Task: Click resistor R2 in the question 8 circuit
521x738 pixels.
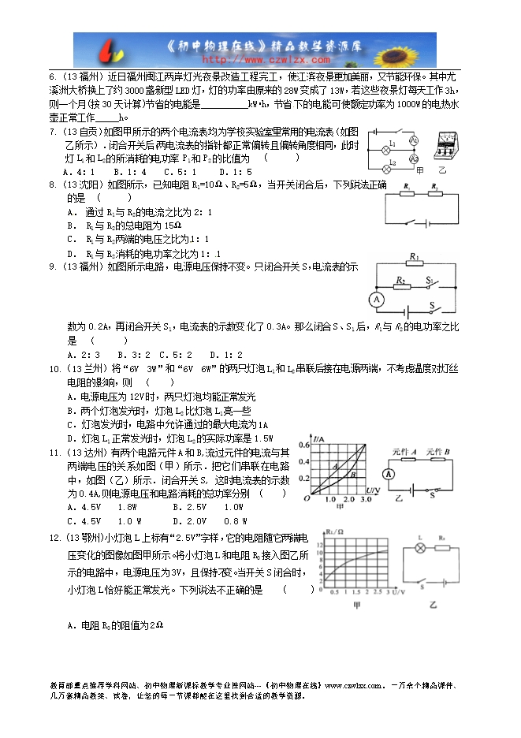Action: [434, 192]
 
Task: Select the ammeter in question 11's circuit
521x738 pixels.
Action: [387, 474]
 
